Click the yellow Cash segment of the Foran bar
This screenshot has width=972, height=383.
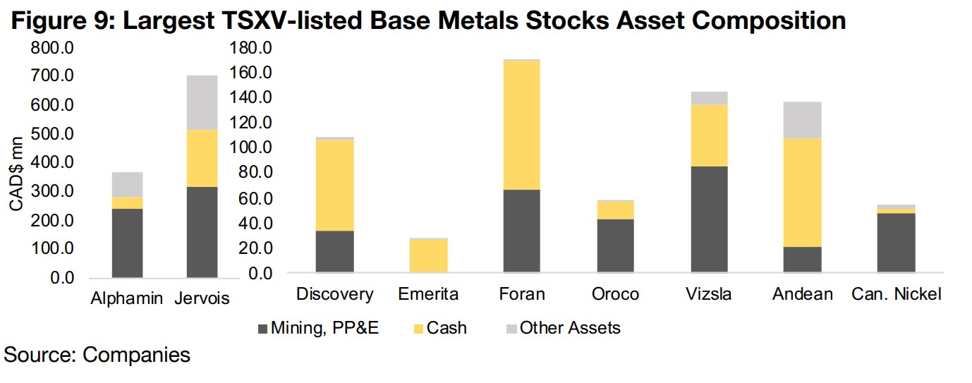click(522, 125)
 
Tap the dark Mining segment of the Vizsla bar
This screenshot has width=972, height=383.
click(710, 219)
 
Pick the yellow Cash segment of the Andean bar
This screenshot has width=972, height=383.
click(803, 193)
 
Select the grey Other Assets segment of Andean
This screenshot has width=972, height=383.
click(803, 120)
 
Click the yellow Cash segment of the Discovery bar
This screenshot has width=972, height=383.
click(335, 185)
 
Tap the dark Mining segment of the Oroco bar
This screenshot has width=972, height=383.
click(616, 245)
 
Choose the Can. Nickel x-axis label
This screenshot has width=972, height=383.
click(897, 294)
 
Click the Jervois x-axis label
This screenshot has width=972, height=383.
click(202, 299)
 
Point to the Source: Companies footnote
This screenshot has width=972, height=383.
click(97, 355)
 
